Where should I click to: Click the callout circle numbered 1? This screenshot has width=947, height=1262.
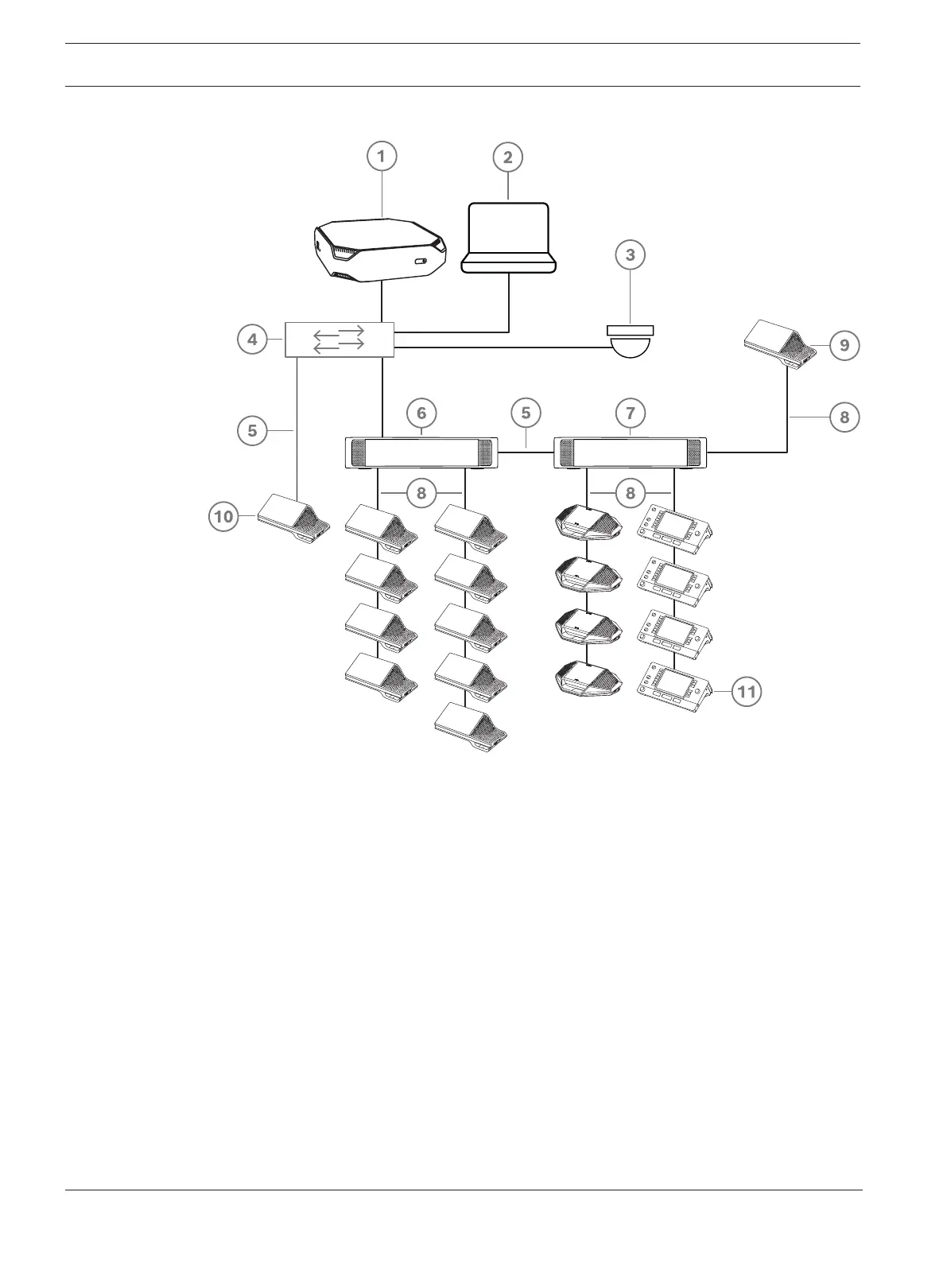[x=382, y=157]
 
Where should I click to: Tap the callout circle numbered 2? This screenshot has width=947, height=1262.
[x=508, y=157]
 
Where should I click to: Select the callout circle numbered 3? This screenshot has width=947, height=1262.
[x=631, y=255]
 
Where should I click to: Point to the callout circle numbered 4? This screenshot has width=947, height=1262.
[x=252, y=340]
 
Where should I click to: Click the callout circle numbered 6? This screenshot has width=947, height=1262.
[x=421, y=413]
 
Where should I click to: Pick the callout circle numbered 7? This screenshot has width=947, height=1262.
[x=631, y=413]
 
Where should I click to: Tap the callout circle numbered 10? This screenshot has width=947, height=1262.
[x=223, y=517]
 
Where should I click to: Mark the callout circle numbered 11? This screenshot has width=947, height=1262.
[x=747, y=692]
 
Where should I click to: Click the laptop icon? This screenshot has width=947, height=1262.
[x=508, y=239]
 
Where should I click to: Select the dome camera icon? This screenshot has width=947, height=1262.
[x=631, y=340]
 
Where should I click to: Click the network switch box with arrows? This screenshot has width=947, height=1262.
[x=340, y=340]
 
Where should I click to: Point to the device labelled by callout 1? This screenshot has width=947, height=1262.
[x=378, y=250]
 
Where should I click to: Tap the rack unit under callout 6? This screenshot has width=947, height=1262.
[x=421, y=452]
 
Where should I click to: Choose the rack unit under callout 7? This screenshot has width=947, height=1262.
[x=631, y=452]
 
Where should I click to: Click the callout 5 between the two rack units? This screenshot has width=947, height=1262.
[x=526, y=413]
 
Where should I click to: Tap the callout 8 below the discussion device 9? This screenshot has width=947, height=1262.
[x=844, y=417]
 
